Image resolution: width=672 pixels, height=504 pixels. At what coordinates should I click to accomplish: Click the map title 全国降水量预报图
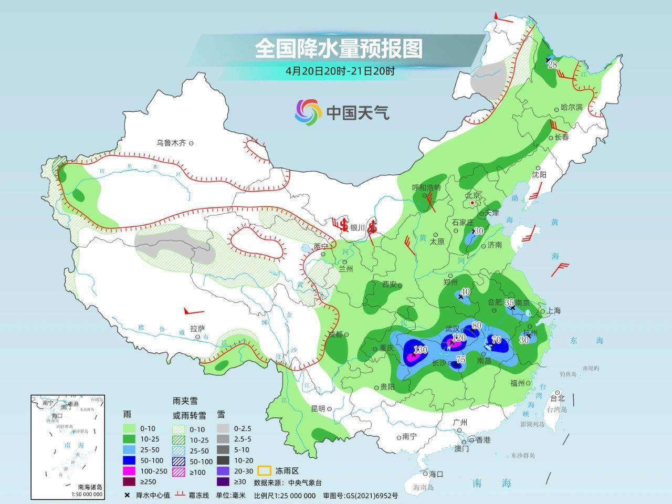339,49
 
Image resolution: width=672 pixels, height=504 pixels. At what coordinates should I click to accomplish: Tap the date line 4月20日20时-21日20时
340,70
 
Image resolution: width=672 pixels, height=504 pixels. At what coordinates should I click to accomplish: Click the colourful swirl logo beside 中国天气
308,112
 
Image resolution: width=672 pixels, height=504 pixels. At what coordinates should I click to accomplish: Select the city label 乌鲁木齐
171,142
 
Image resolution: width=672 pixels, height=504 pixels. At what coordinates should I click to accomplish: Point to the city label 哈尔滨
572,107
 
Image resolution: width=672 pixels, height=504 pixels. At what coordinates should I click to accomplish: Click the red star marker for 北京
472,203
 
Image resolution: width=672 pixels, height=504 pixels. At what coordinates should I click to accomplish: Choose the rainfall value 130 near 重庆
421,350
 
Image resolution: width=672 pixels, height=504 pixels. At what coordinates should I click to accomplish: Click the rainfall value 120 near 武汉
459,338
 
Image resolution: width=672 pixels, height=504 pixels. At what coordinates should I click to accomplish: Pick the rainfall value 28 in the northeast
552,65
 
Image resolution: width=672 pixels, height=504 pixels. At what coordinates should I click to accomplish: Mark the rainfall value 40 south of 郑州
465,292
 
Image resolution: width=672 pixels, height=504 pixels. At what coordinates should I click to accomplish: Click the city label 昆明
318,408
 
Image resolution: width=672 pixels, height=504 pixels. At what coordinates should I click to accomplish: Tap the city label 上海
553,310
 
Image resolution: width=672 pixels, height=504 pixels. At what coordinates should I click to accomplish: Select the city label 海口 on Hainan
436,474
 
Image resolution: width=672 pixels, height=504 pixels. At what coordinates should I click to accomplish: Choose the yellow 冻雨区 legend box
262,471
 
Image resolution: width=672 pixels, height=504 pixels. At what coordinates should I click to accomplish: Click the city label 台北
557,397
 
